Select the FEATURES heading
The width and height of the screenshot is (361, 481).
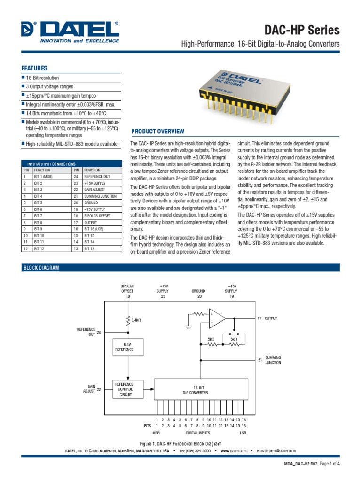coord(35,68)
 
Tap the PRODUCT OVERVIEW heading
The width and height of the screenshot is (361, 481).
coord(157,132)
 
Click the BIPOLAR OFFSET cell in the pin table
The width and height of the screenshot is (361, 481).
coord(97,216)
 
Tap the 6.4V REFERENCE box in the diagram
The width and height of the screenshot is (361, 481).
coord(125,347)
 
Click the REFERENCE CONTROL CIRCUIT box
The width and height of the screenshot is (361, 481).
coord(125,389)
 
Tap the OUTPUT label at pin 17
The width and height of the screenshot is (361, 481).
coord(271,318)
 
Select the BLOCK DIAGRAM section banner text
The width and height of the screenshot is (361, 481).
coord(41,267)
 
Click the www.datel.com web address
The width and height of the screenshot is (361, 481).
coord(233,451)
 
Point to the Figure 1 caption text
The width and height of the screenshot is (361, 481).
coord(180,443)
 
